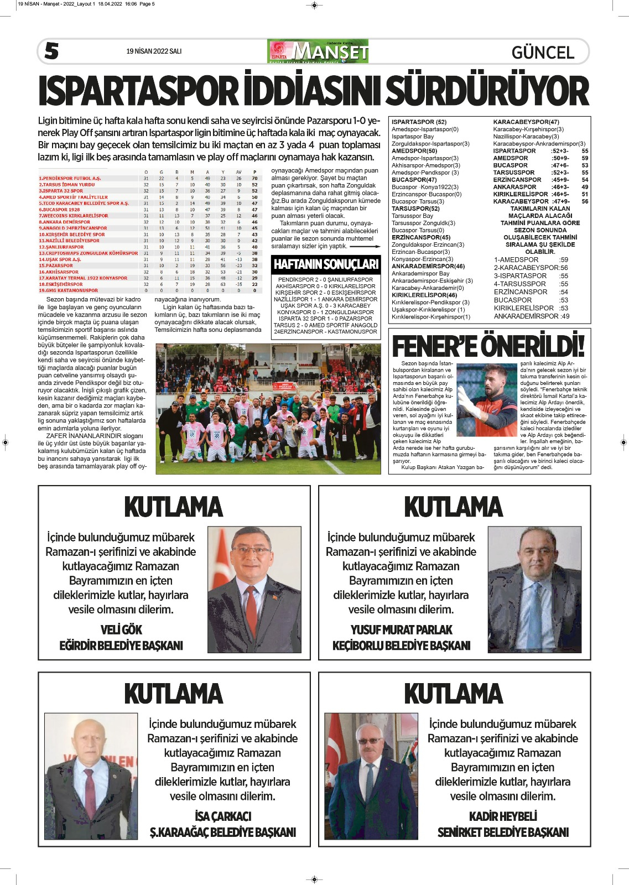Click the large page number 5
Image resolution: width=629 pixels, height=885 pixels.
(51, 51)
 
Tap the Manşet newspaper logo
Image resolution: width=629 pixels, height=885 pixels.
(318, 51)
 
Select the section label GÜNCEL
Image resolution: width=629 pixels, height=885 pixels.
(543, 53)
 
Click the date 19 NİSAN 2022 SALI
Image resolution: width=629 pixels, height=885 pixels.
(154, 51)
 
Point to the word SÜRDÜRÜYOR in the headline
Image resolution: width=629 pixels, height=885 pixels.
(487, 91)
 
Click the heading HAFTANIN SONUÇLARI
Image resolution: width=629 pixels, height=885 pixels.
(326, 264)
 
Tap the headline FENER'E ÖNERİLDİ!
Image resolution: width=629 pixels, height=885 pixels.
(488, 346)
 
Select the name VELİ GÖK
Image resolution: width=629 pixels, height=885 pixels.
(121, 630)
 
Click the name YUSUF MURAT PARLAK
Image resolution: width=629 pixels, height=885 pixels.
(401, 630)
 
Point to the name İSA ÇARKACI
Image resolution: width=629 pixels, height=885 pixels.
(223, 816)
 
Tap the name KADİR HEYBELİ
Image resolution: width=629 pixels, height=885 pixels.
(503, 816)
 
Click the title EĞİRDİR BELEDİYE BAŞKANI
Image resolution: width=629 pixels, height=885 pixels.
(121, 645)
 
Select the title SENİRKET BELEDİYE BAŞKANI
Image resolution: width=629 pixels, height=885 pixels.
(503, 832)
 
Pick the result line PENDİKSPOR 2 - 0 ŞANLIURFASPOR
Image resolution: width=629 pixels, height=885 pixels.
(325, 280)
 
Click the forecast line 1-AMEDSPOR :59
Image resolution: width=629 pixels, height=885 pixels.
(531, 259)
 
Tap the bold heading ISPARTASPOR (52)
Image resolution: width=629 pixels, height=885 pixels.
(419, 122)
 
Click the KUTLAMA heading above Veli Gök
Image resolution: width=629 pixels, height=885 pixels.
(173, 507)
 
